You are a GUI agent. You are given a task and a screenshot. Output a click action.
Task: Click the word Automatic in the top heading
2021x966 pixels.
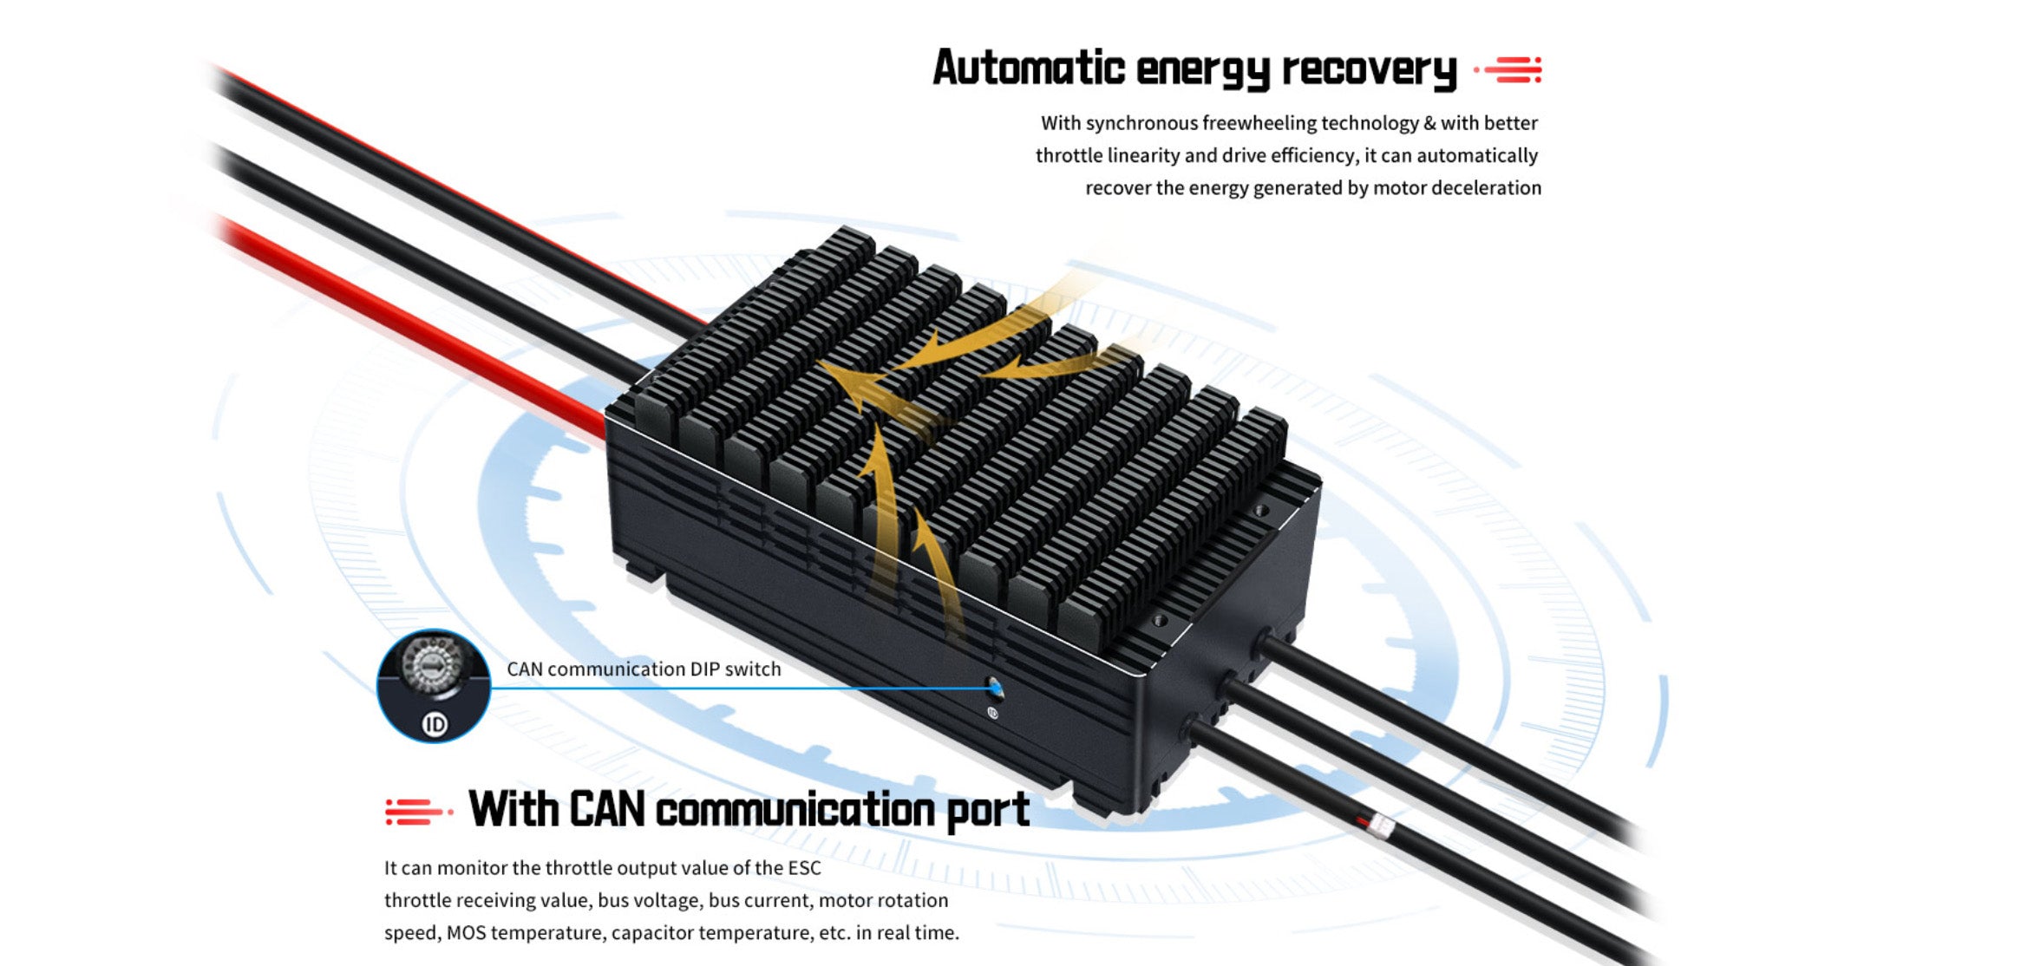1028,68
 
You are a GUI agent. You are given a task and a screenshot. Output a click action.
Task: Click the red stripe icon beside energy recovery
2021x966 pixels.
1510,69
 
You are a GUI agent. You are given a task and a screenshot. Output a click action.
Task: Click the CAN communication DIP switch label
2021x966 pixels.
644,669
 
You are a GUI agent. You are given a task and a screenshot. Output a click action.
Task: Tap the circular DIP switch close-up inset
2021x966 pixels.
433,685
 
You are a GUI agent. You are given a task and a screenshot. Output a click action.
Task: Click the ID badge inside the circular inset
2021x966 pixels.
435,724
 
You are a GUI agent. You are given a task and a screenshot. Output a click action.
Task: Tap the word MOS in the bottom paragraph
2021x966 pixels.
466,933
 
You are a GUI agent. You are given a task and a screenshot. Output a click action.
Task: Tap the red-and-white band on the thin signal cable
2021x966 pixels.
1377,824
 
